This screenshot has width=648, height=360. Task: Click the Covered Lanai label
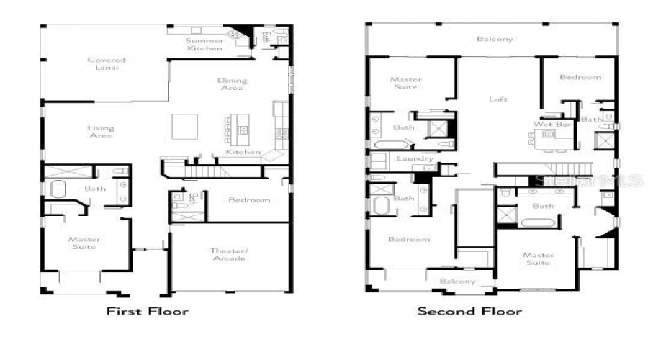point(106,64)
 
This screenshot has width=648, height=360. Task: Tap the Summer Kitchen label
point(204,45)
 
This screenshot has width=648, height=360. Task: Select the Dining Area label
point(232,84)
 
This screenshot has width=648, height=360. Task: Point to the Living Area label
point(101,132)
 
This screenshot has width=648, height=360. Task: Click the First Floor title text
point(147,312)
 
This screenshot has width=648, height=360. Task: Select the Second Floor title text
point(469,312)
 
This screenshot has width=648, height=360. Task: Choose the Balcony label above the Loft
point(495,39)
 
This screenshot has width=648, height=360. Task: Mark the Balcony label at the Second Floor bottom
point(457,281)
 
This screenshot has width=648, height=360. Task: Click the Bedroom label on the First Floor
point(248,200)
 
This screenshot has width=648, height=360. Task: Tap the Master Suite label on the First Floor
point(84,243)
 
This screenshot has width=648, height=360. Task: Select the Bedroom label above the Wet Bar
point(580,77)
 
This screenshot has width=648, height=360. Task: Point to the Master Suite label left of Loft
point(404,84)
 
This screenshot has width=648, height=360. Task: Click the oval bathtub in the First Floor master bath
point(58,191)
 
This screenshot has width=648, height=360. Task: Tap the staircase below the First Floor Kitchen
point(212,171)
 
